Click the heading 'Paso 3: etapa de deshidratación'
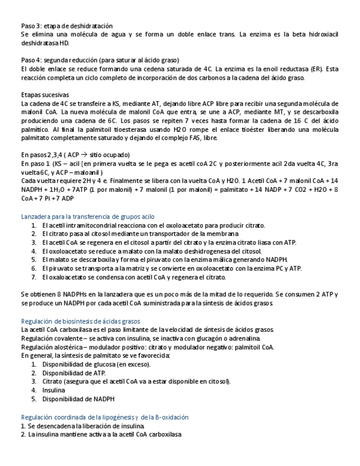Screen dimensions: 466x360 tap(67, 26)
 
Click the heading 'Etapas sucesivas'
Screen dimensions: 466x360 tap(45, 95)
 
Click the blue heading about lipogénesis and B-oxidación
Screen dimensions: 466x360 tap(104, 417)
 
